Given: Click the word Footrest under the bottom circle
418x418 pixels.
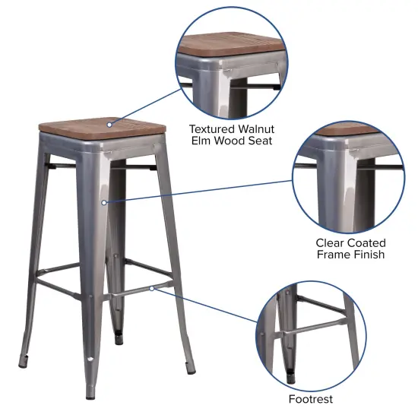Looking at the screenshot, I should [x=310, y=399].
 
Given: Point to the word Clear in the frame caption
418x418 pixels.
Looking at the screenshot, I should [x=331, y=242].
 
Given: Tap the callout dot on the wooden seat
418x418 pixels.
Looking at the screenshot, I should [x=109, y=122].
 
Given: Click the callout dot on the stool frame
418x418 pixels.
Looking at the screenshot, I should [x=104, y=202].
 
